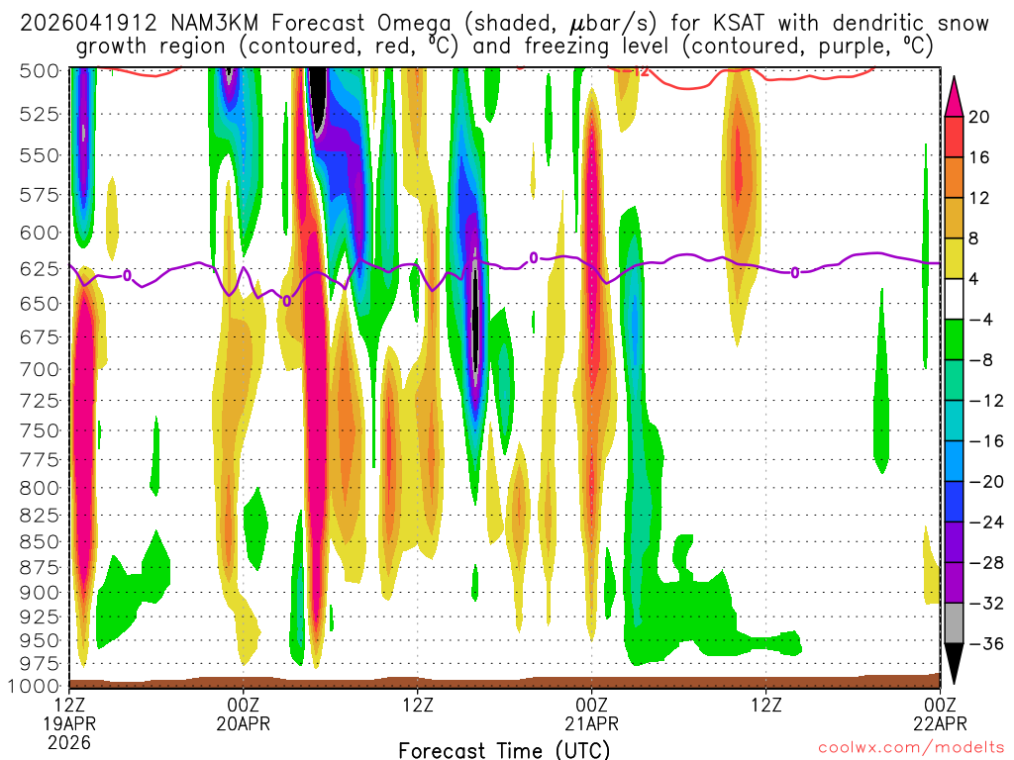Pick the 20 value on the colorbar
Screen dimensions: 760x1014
point(979,117)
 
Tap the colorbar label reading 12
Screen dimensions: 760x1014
point(979,198)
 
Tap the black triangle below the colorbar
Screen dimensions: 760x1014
point(955,664)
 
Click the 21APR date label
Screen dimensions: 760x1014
point(591,723)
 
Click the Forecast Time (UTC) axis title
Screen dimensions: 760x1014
point(504,749)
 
